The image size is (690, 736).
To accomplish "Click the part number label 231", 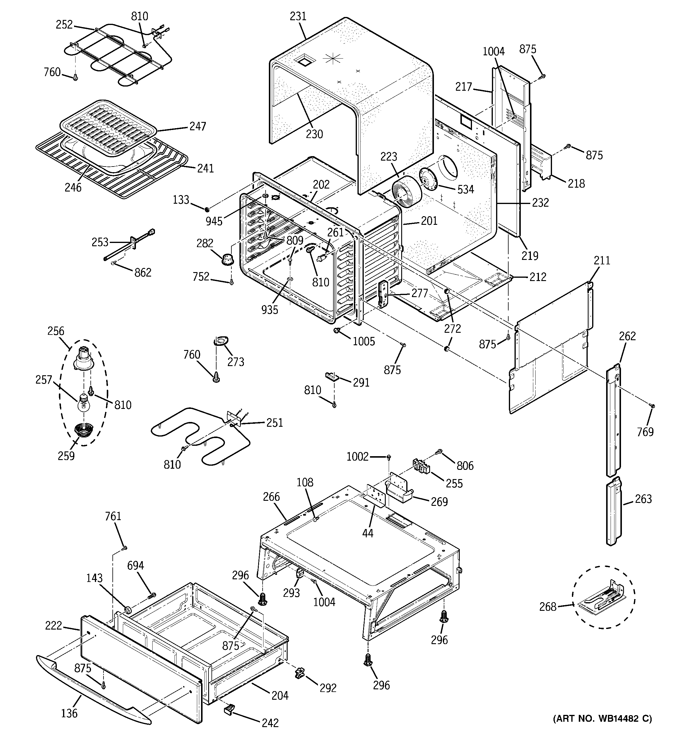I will pos(298,16).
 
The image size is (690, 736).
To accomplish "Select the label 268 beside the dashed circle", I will pos(548,606).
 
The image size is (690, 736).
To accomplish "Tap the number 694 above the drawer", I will pos(136,565).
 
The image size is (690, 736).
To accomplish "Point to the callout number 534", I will pos(465,189).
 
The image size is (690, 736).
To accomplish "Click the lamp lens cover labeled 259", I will pos(84,431).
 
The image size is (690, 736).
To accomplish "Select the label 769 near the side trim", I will pos(645,432).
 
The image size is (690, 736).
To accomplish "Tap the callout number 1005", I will pos(363,341).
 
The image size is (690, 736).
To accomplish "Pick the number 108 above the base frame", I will pos(305,482).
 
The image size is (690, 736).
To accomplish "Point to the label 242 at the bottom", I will pos(270,722).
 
